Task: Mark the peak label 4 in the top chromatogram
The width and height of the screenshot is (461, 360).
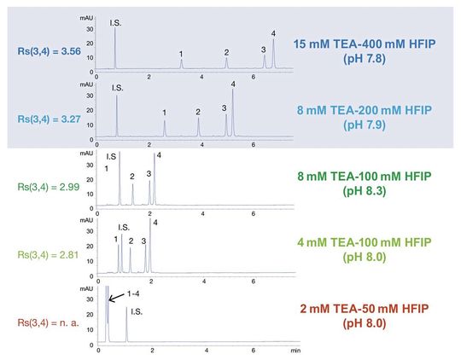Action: pyautogui.click(x=273, y=32)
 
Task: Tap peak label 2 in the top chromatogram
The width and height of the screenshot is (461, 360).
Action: pyautogui.click(x=226, y=52)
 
